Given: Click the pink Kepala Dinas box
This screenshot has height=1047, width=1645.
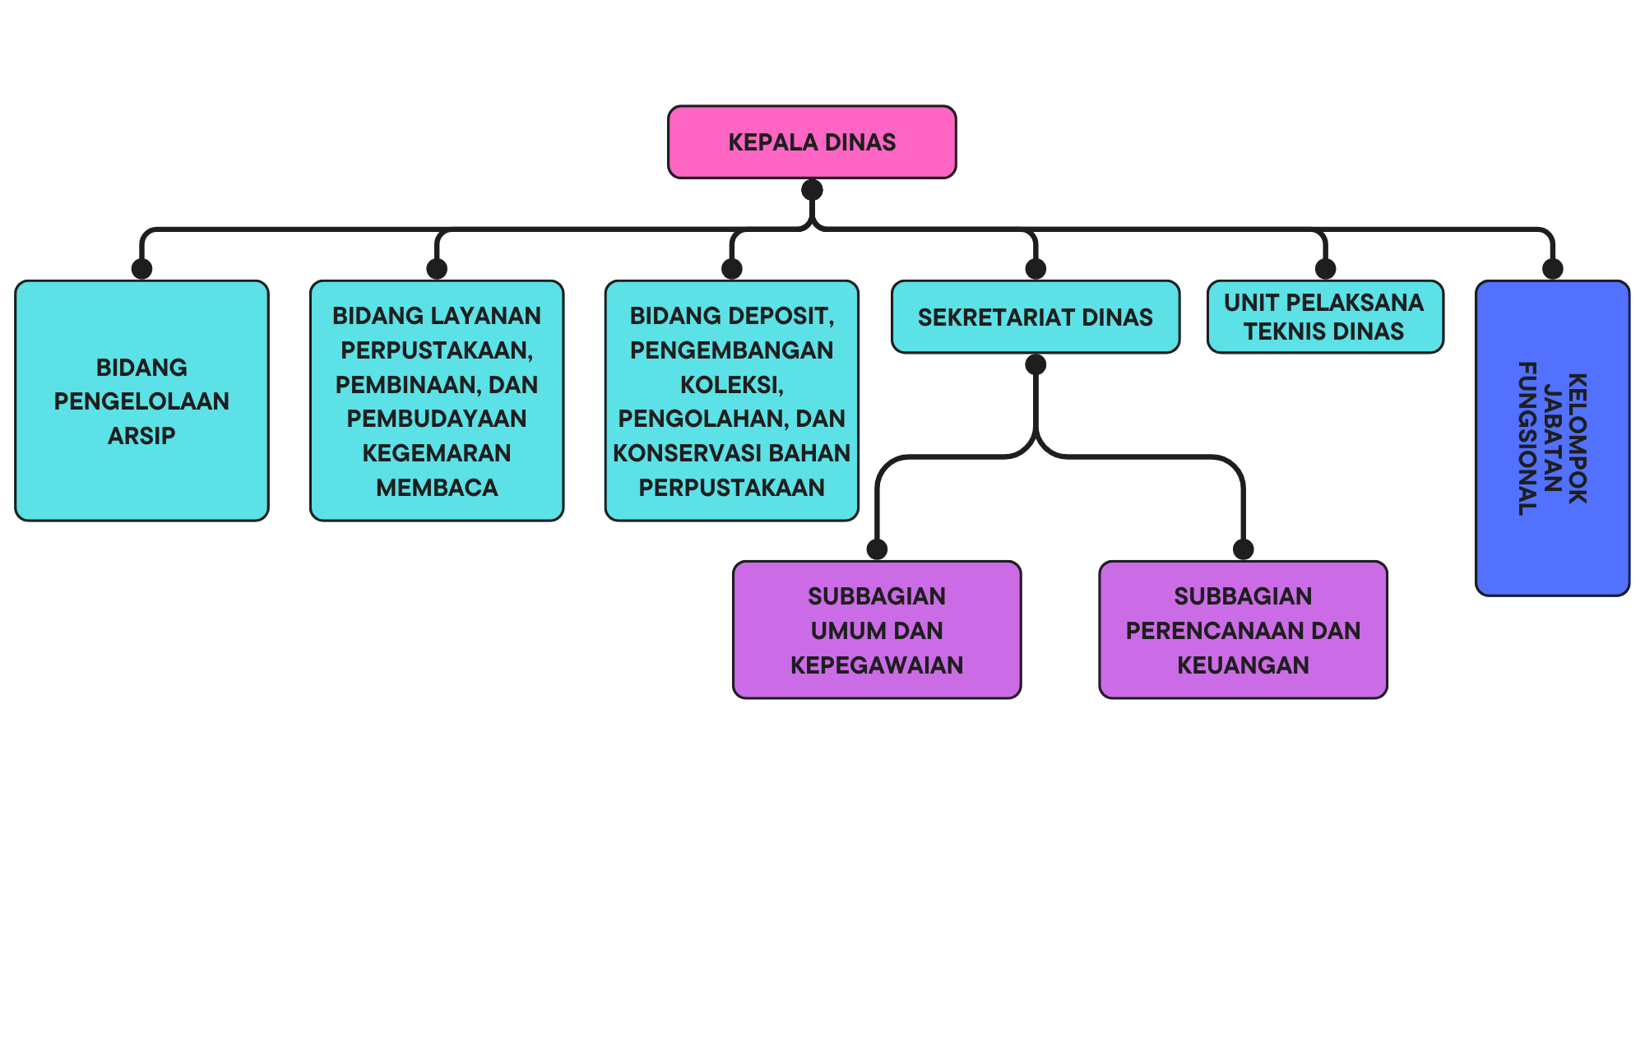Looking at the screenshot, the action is (x=812, y=141).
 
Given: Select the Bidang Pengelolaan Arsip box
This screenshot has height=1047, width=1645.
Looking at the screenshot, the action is (x=141, y=401).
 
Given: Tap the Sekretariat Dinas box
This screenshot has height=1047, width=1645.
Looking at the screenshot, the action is (x=1036, y=317).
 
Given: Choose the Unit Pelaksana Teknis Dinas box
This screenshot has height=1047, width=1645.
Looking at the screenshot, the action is (x=1325, y=317).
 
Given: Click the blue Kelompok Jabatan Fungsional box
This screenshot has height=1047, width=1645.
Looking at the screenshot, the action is (x=1552, y=438).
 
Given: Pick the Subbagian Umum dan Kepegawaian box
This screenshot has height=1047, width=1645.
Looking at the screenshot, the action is (x=877, y=630).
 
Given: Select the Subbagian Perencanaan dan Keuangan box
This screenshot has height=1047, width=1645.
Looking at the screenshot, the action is (x=1243, y=630).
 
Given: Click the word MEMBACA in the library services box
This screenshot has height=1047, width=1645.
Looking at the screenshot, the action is (x=437, y=488).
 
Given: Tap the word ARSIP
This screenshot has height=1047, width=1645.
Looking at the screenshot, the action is (x=141, y=436).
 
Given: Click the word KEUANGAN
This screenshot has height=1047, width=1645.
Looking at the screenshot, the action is (x=1243, y=665).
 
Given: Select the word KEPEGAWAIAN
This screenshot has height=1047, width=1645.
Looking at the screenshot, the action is (x=877, y=665).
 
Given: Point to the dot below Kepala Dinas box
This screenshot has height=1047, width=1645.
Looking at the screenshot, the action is (x=812, y=190).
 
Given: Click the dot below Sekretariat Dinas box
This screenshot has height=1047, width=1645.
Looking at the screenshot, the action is (x=1036, y=364).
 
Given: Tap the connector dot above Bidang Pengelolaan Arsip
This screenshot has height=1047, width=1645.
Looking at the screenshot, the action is (x=141, y=269).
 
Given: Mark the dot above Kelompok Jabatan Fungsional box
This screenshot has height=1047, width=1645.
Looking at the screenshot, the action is (x=1552, y=269).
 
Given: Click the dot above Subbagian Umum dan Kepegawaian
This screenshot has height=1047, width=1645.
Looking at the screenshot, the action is (x=877, y=549).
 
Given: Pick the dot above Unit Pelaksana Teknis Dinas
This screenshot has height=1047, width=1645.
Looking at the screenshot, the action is (x=1325, y=269).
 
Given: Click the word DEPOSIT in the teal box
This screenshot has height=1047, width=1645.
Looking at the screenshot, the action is (x=777, y=316).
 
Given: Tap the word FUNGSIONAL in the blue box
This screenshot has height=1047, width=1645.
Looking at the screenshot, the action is (x=1528, y=438).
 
